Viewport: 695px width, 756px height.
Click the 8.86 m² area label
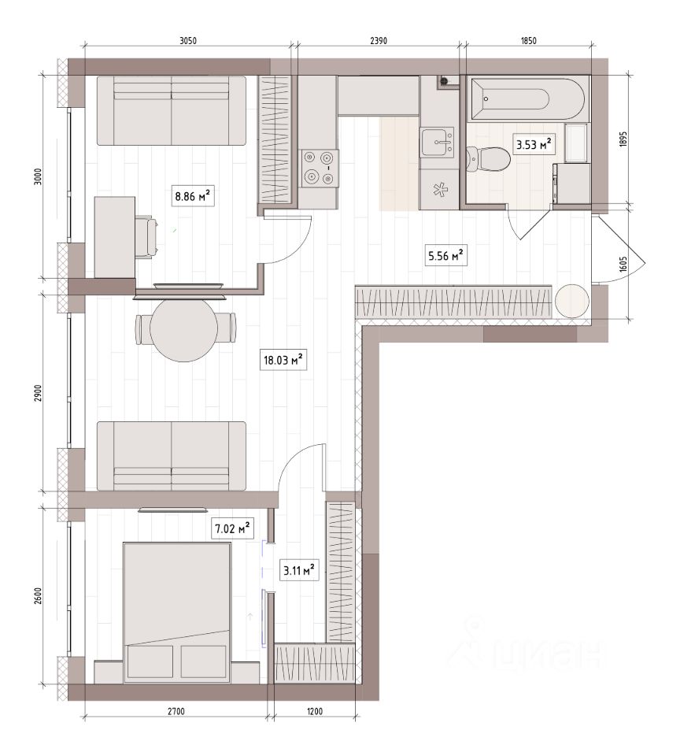[193, 196]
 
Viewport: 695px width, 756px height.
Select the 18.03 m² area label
[283, 360]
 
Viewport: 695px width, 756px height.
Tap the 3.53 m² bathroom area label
[534, 144]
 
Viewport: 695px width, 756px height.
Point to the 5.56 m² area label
[445, 255]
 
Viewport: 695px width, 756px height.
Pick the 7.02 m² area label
[232, 528]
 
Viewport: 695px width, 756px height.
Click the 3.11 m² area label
[299, 570]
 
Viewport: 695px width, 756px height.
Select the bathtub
[528, 99]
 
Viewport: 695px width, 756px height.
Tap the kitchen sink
[437, 142]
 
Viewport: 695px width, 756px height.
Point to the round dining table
[185, 329]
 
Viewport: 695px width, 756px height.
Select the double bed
[177, 613]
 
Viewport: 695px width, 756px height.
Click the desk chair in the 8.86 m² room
[147, 237]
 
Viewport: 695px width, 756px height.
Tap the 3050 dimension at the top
[188, 41]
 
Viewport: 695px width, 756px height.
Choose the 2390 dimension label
[379, 41]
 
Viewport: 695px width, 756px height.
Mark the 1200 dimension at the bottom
[314, 711]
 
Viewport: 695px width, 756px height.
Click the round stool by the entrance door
[571, 302]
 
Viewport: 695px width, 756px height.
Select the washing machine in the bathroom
[573, 183]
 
